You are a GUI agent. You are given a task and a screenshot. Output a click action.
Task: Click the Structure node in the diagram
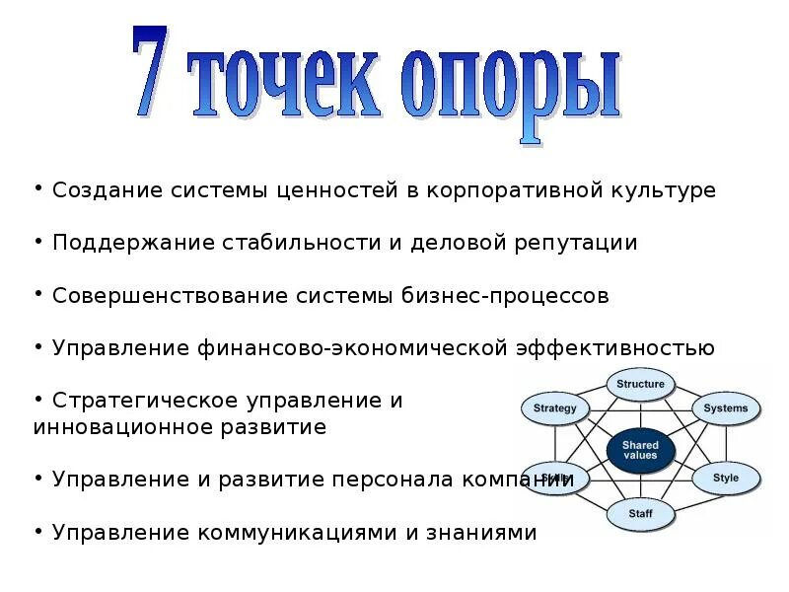[640, 384]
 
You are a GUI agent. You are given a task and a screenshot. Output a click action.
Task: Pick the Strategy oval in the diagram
[554, 408]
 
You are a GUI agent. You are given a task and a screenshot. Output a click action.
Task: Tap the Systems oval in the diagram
[726, 408]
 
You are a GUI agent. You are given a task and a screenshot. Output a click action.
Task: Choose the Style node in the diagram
[725, 479]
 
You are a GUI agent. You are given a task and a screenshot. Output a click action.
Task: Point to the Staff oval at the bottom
[639, 513]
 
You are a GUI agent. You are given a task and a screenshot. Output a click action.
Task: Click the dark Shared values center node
[640, 451]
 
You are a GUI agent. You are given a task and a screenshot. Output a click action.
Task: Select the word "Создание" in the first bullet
[100, 190]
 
